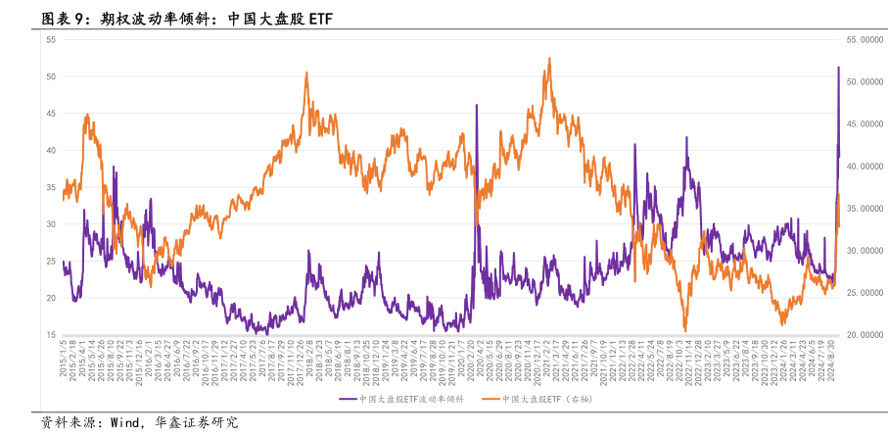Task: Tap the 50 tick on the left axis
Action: pos(50,76)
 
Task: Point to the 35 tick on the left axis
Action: pos(50,187)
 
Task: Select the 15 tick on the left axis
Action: pos(50,335)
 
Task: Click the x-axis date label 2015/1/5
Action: pos(65,362)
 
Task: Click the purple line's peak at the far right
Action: pos(838,67)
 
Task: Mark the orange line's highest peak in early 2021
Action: pos(550,58)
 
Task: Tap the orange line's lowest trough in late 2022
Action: pos(685,330)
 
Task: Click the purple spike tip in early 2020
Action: pos(477,105)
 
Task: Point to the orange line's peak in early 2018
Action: pos(306,73)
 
